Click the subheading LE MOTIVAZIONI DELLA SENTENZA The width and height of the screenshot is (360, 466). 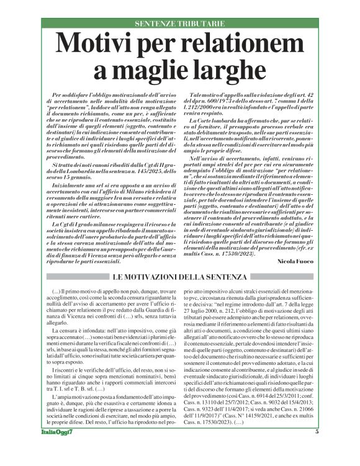click(180, 277)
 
